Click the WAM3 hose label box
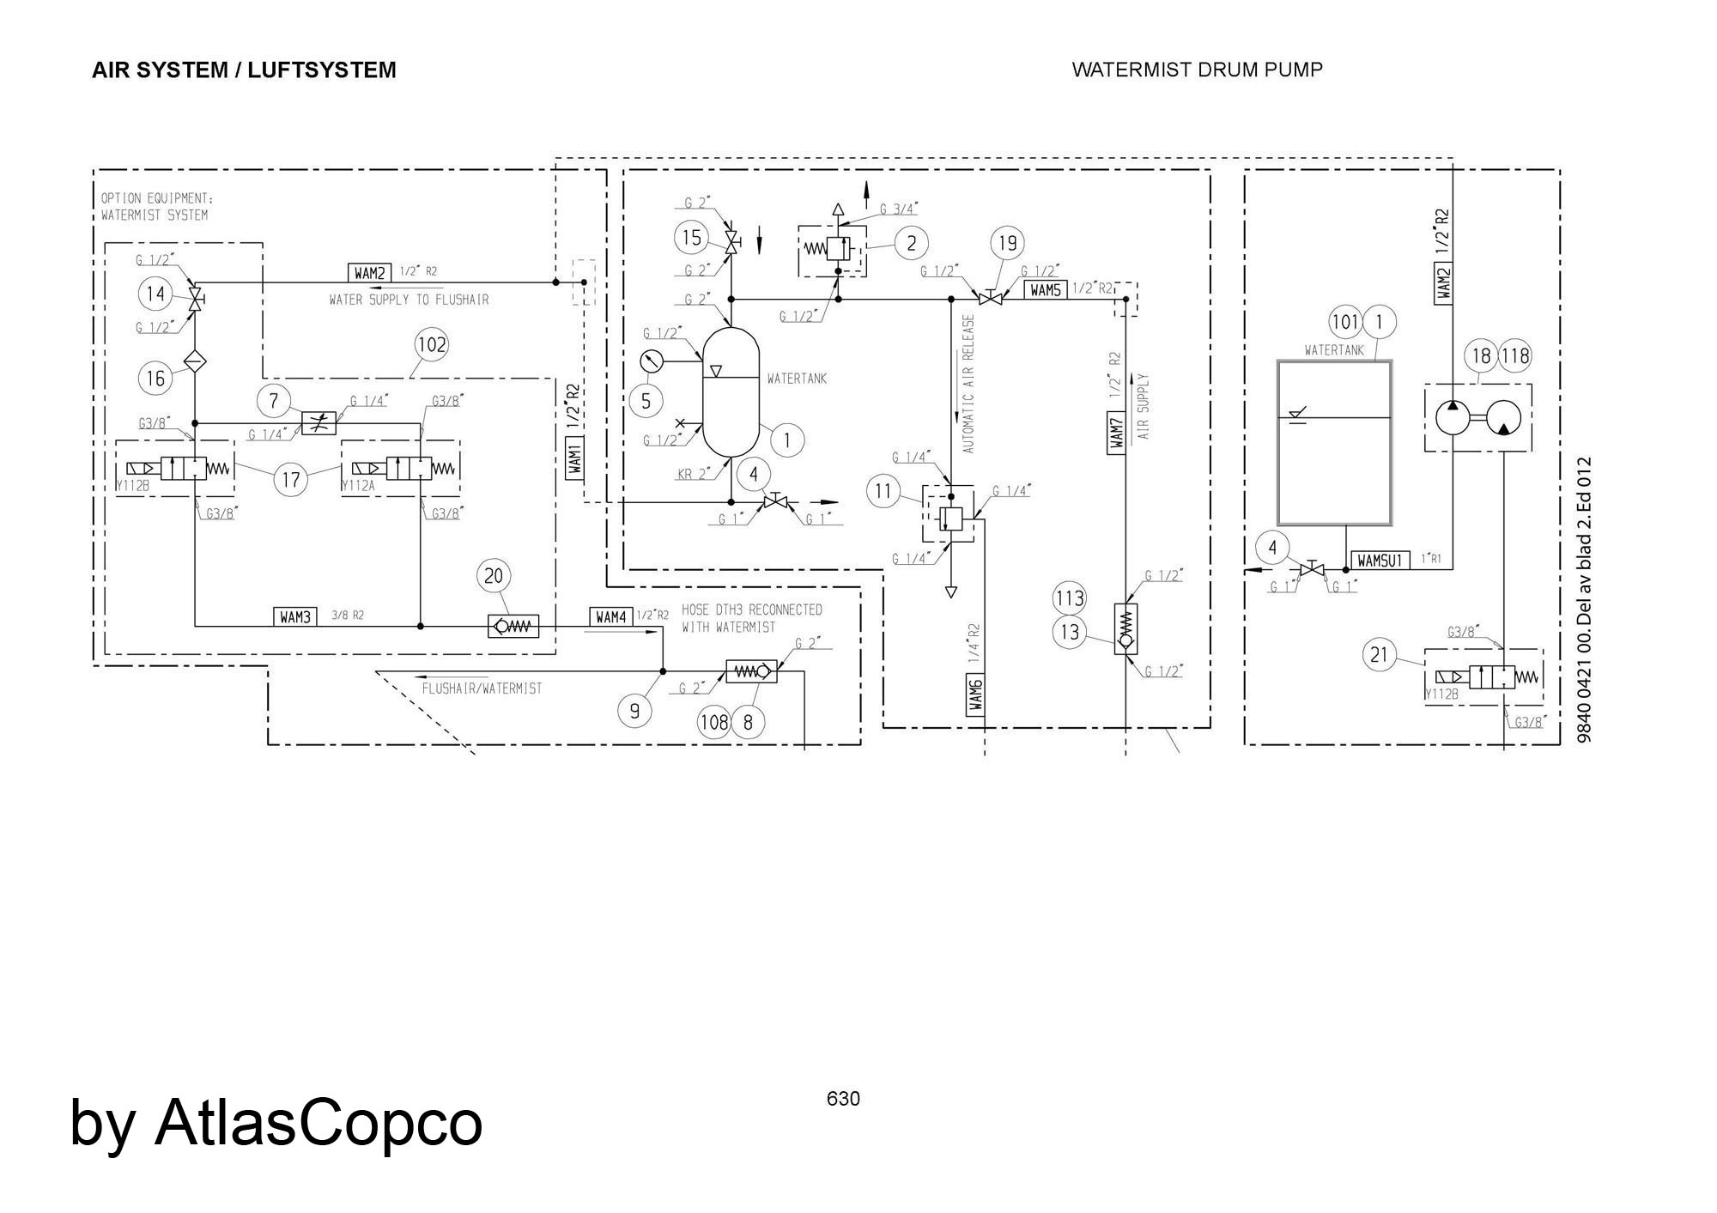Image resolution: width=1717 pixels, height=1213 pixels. tap(295, 616)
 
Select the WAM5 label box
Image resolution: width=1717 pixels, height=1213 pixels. tap(1046, 290)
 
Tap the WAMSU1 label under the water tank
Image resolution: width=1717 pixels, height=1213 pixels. tap(1380, 561)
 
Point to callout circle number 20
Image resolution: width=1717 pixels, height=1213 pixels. tap(494, 575)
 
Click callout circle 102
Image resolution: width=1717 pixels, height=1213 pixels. tap(431, 344)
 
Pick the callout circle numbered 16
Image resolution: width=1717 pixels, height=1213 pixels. tap(155, 379)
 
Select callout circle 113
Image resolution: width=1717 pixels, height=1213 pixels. tap(1070, 598)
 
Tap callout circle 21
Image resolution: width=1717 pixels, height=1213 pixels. tap(1379, 655)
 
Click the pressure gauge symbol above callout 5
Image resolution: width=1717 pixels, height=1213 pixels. tap(652, 361)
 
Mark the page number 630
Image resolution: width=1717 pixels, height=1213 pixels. tap(843, 1099)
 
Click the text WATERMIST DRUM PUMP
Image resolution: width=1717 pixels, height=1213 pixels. tap(1197, 70)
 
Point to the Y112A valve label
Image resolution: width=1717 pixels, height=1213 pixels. tap(358, 486)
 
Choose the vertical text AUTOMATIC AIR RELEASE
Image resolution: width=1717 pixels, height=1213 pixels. tap(968, 384)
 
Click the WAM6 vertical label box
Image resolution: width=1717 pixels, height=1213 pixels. tap(974, 693)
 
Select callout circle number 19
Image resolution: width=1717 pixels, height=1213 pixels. tap(1008, 243)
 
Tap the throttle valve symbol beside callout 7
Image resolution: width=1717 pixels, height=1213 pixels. tap(319, 423)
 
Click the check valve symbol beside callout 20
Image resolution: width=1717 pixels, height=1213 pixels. tap(513, 627)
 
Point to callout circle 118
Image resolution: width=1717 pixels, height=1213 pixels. tap(1515, 355)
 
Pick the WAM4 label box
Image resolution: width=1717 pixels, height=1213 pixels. tap(610, 616)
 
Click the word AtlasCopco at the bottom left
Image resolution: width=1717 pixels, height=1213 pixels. tap(319, 1121)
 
